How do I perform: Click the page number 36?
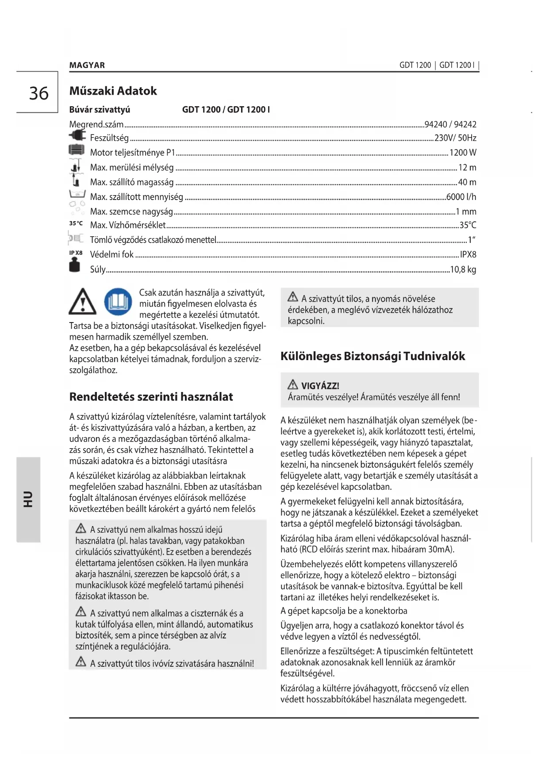pyautogui.click(x=39, y=93)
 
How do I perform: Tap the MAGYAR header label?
pyautogui.click(x=87, y=65)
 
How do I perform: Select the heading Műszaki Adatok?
pyautogui.click(x=113, y=91)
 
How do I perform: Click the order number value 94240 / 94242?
pyautogui.click(x=450, y=124)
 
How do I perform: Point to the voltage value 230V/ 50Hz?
pyautogui.click(x=455, y=138)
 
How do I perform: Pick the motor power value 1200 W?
pyautogui.click(x=463, y=153)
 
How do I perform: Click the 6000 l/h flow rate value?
pyautogui.click(x=461, y=197)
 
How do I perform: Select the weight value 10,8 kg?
pyautogui.click(x=463, y=269)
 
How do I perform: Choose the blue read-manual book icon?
pyautogui.click(x=118, y=302)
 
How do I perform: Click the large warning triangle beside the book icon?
pyautogui.click(x=82, y=302)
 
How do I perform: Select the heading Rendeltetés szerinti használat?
pyautogui.click(x=151, y=397)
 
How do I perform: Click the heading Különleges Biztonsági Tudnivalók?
pyautogui.click(x=372, y=356)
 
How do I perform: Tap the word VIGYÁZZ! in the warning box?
pyautogui.click(x=320, y=386)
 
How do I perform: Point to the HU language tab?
pyautogui.click(x=28, y=499)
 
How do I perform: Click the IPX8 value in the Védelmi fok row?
pyautogui.click(x=468, y=254)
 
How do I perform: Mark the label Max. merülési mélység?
pyautogui.click(x=132, y=168)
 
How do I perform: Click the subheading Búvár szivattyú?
pyautogui.click(x=100, y=110)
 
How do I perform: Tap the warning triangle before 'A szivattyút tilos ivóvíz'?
pyautogui.click(x=81, y=662)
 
